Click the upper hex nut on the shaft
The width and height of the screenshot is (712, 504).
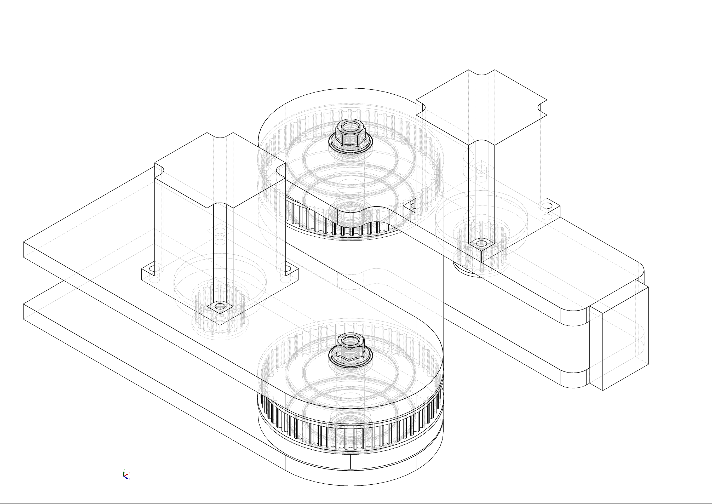(351, 133)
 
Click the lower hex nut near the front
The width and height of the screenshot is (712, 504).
(351, 348)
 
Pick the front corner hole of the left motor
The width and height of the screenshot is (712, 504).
(220, 306)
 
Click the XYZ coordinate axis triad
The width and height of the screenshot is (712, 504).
(126, 475)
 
